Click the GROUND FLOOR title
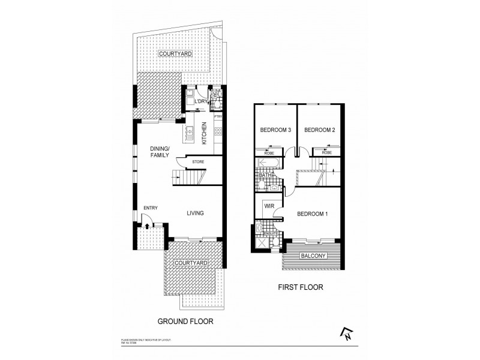coord(185,321)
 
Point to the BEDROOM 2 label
coord(319,130)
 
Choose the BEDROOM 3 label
coord(275,130)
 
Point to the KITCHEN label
coord(205,133)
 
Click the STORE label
coord(198,162)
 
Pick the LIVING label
coord(195,213)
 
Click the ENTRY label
coord(150,208)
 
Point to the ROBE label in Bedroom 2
coord(326,153)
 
